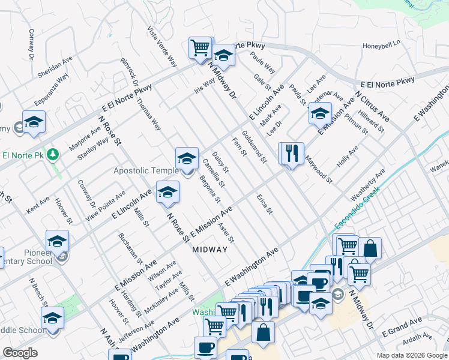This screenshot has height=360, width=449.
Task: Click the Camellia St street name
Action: (214, 172)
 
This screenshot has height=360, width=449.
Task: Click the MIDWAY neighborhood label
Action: (210, 250)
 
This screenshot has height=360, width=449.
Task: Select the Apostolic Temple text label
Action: (146, 171)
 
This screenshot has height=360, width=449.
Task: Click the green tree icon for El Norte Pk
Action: (53, 155)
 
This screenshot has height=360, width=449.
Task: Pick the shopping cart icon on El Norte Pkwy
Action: (200, 47)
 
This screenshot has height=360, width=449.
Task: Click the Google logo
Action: (20, 353)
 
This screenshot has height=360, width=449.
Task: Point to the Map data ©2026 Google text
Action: (412, 355)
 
